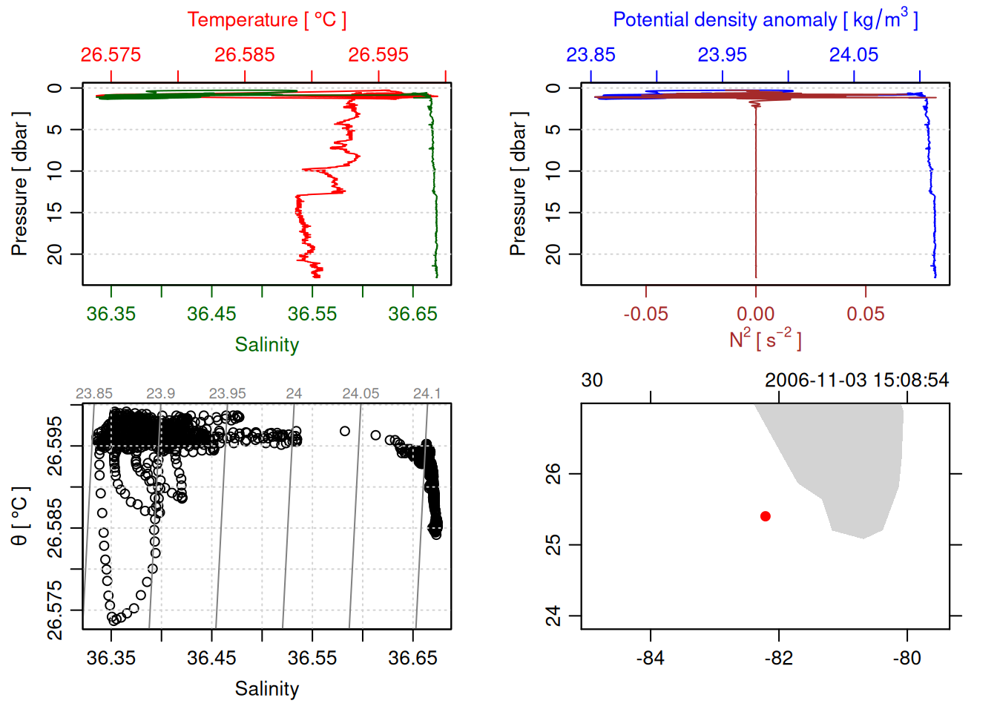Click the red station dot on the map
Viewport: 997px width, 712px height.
pyautogui.click(x=766, y=516)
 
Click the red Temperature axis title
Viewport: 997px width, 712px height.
pyautogui.click(x=267, y=20)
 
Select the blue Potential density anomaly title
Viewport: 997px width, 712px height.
pyautogui.click(x=765, y=19)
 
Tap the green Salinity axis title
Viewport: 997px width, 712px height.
pyautogui.click(x=267, y=345)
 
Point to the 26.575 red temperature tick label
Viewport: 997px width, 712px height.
pyautogui.click(x=111, y=55)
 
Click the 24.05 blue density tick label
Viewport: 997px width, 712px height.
pyautogui.click(x=854, y=55)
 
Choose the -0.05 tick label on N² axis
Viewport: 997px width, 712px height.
pyautogui.click(x=645, y=314)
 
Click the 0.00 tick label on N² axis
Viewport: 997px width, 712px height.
pyautogui.click(x=755, y=314)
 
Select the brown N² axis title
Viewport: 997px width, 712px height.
pyautogui.click(x=765, y=339)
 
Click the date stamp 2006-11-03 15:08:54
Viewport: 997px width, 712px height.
pyautogui.click(x=857, y=380)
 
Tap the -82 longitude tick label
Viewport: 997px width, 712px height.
pyautogui.click(x=779, y=659)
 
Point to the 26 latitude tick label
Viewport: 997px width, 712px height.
pyautogui.click(x=553, y=473)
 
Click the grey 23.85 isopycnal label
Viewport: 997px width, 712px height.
pyautogui.click(x=94, y=394)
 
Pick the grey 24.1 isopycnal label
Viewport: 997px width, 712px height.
pyautogui.click(x=427, y=394)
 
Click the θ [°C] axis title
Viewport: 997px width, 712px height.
pyautogui.click(x=20, y=516)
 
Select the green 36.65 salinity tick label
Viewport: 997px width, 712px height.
pyautogui.click(x=412, y=314)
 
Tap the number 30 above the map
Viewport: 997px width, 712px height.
pyautogui.click(x=592, y=380)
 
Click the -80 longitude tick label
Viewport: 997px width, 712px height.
pyautogui.click(x=906, y=659)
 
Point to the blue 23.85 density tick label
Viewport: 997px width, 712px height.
pyautogui.click(x=590, y=55)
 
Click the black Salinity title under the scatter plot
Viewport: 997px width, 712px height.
pyautogui.click(x=267, y=689)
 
